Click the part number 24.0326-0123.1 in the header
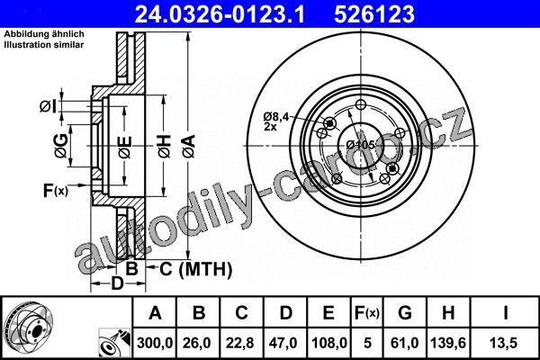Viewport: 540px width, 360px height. [220, 14]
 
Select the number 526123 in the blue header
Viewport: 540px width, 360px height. [374, 14]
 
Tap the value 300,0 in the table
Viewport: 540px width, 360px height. [154, 343]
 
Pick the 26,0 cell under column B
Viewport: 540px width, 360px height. [198, 343]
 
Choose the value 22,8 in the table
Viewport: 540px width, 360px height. [241, 343]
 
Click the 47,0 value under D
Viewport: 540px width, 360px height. [285, 343]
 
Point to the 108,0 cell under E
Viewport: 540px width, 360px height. [328, 343]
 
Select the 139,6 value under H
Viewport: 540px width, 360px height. [448, 343]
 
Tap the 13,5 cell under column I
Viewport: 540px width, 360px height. [505, 343]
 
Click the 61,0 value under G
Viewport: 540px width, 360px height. [405, 343]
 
